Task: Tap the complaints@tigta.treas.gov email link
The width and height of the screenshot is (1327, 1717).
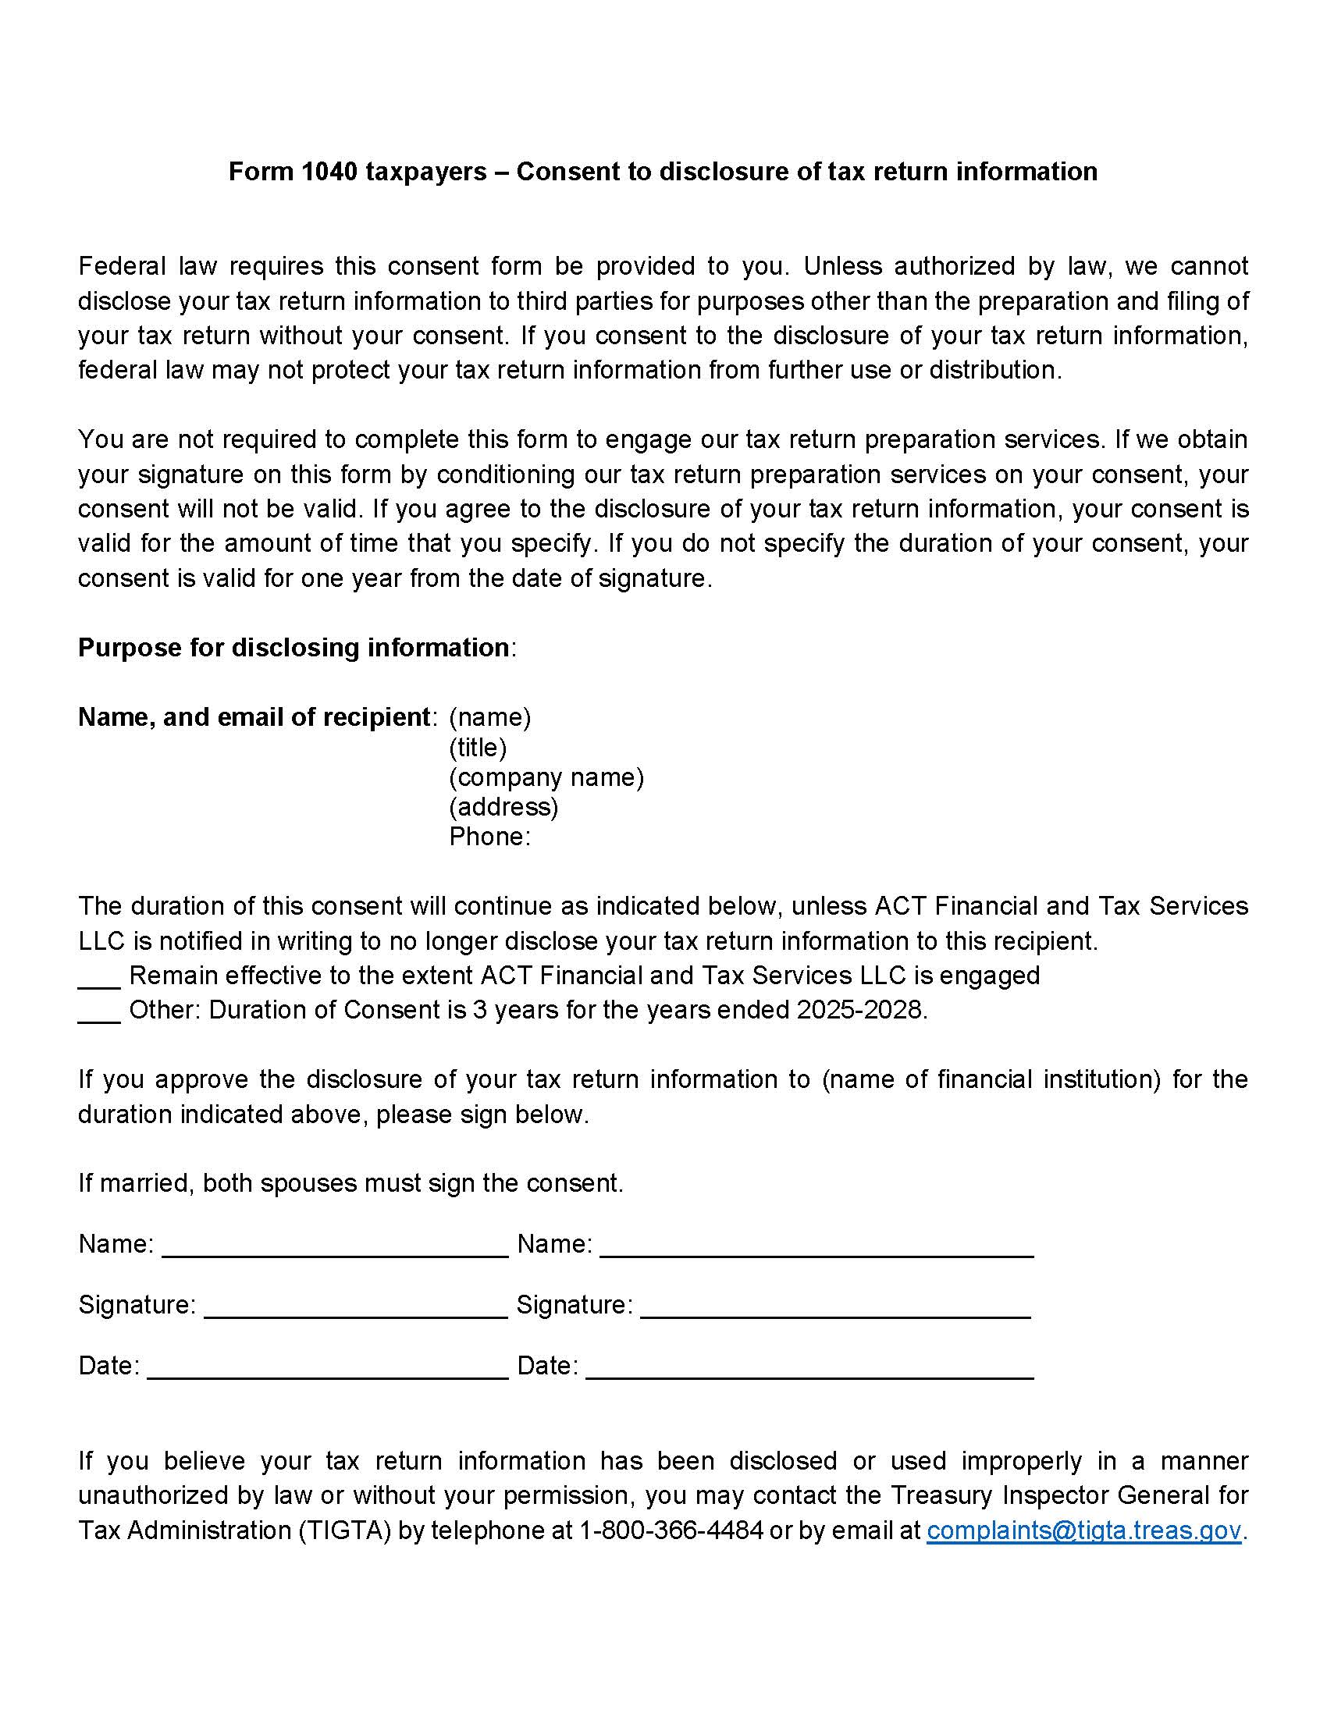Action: pos(1083,1530)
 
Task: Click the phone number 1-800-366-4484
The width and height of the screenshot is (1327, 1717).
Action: pos(671,1530)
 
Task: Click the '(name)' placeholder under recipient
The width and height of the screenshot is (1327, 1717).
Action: pos(489,717)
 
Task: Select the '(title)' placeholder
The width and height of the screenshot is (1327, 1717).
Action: pos(477,747)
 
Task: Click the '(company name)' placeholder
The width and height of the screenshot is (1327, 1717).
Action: pos(546,777)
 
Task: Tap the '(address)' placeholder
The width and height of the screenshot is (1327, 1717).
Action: pos(503,807)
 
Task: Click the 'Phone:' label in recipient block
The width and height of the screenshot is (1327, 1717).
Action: pos(489,837)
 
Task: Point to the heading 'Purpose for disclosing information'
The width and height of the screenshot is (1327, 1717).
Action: pos(294,648)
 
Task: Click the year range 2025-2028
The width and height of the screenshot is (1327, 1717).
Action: pos(859,1009)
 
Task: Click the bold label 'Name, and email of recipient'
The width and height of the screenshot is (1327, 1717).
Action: pos(254,717)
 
